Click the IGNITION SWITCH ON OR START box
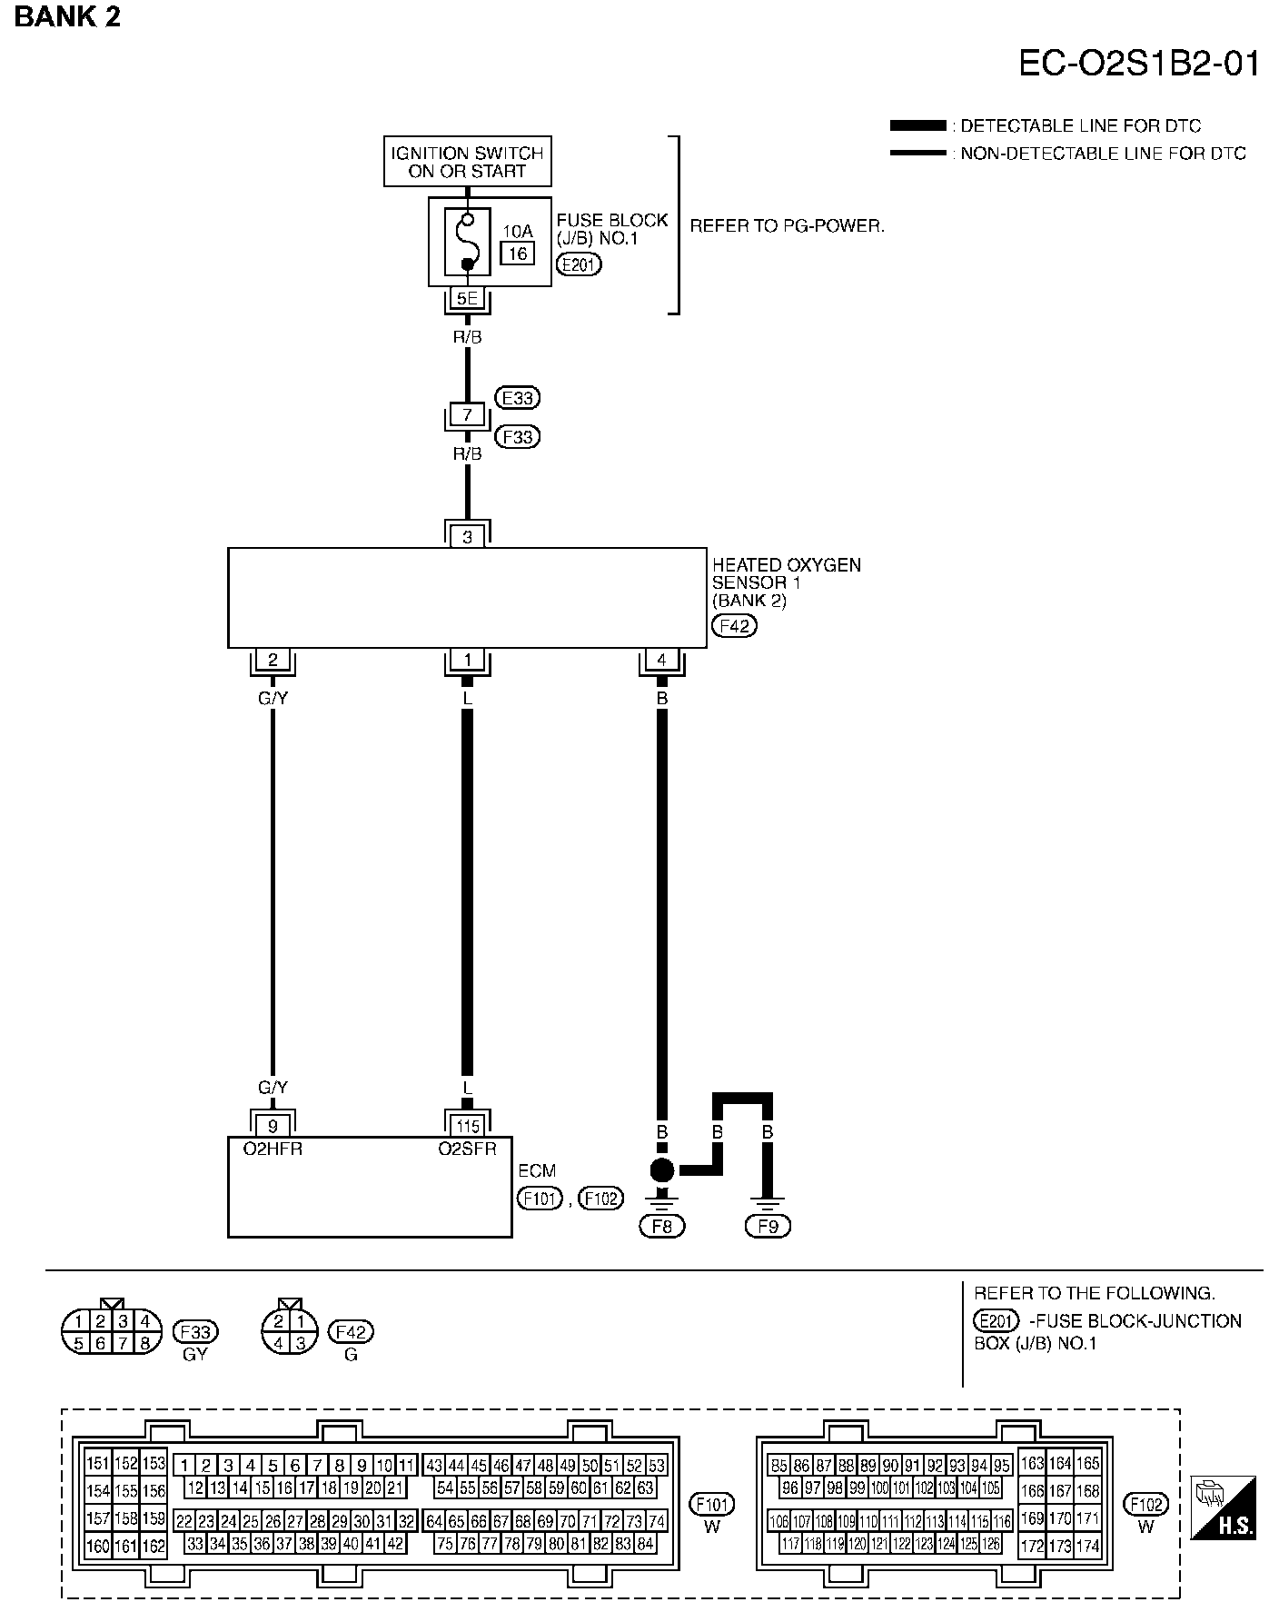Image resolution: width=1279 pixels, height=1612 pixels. pos(467,162)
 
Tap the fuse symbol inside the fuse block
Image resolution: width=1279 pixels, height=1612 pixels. pos(467,242)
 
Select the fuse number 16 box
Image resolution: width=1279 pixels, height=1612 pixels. pos(518,253)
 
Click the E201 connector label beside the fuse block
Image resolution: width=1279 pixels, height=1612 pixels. pos(579,264)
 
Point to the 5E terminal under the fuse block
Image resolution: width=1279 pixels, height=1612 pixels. pos(467,298)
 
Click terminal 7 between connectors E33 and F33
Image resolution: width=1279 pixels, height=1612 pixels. pos(467,415)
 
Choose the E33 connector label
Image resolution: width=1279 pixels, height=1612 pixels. pos(518,397)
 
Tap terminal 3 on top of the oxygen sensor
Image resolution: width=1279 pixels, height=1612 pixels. pos(467,537)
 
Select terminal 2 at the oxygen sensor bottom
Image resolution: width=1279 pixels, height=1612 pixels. pos(273,661)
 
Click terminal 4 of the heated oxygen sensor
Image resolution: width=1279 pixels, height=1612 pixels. pos(661,661)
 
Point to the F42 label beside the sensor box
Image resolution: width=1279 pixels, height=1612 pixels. pos(734,625)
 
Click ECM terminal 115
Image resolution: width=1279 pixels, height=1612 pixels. pos(467,1127)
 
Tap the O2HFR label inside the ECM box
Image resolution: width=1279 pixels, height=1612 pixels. pos(273,1149)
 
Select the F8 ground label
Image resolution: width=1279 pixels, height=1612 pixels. pos(662,1226)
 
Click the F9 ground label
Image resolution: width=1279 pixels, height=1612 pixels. pos(768,1226)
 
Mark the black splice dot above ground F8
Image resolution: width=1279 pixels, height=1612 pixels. pos(662,1170)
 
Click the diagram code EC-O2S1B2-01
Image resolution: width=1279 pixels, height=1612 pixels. pos(1138,65)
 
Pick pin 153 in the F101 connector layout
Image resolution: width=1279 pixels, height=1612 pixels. pos(154,1464)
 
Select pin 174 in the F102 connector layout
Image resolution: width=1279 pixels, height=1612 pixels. pos(1086,1545)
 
